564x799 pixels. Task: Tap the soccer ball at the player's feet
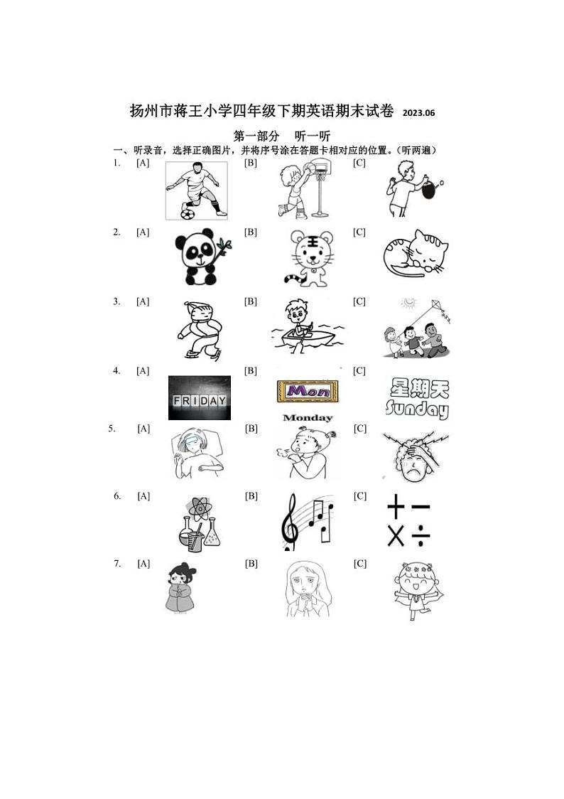pos(188,213)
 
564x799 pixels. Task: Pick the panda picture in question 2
pos(197,257)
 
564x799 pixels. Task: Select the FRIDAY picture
pos(199,399)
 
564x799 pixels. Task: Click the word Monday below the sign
pos(307,418)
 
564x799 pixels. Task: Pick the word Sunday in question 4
pos(417,409)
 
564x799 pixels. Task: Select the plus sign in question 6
pos(395,509)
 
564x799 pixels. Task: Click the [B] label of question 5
pos(251,429)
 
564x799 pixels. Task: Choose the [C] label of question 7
pos(359,564)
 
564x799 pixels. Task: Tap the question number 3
pos(116,301)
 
